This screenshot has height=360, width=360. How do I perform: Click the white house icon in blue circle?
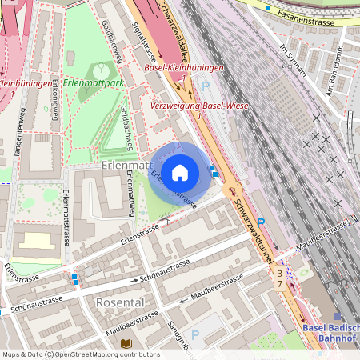(x=180, y=172)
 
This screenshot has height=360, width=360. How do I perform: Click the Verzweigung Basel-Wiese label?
(x=200, y=106)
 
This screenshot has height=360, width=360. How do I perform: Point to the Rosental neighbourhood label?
(x=119, y=303)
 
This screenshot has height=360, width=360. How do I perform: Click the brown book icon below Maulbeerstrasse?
(x=126, y=344)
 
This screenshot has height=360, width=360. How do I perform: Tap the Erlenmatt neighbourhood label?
(x=127, y=165)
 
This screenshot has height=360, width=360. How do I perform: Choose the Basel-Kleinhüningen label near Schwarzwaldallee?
(x=184, y=67)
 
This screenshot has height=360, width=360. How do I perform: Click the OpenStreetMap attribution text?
(x=80, y=354)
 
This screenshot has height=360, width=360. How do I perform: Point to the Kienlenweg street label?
(x=54, y=102)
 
